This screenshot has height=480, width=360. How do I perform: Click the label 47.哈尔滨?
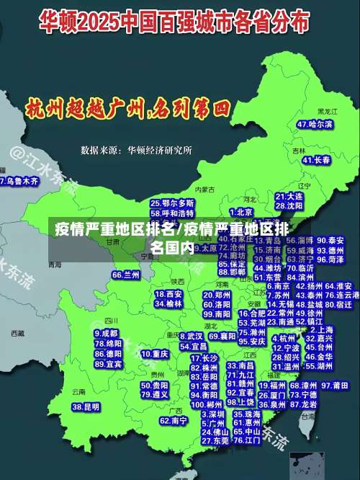[315, 124]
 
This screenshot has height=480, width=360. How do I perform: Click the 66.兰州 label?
[126, 275]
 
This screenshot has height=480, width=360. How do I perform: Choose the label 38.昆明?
[86, 407]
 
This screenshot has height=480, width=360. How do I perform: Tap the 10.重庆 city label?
[155, 354]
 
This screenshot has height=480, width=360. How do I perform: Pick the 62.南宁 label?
[174, 420]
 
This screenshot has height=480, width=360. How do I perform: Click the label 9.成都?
[106, 334]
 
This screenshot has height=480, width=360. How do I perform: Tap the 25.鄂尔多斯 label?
[172, 204]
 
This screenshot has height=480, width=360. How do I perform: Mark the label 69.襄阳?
[222, 337]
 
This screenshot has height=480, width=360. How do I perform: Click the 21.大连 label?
[289, 196]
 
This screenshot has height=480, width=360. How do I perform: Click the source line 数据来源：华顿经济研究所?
[136, 150]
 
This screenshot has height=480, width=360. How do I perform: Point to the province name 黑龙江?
[327, 112]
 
